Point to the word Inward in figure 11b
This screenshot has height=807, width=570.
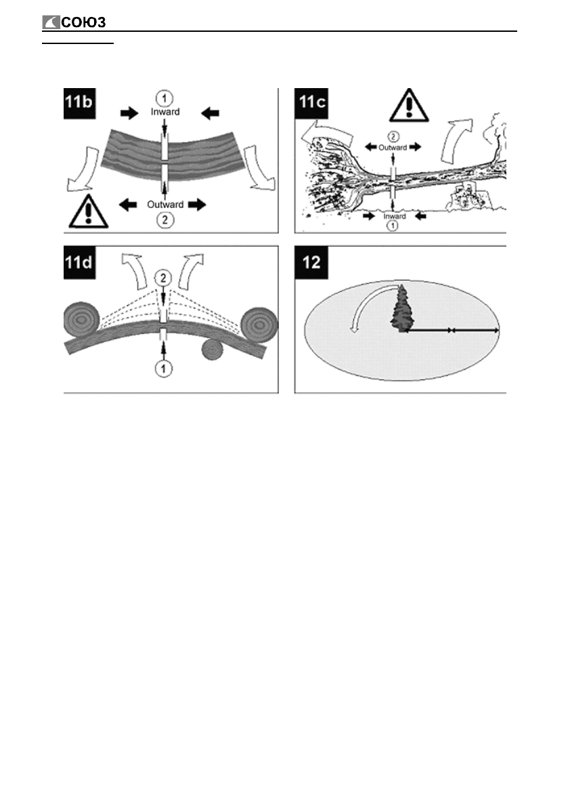point(165,112)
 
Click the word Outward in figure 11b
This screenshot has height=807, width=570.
point(165,202)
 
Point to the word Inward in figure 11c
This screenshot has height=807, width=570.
point(394,216)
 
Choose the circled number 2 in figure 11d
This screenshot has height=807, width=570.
point(164,277)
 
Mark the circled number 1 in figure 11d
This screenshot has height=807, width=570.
point(164,368)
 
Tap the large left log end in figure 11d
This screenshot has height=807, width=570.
point(82,319)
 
